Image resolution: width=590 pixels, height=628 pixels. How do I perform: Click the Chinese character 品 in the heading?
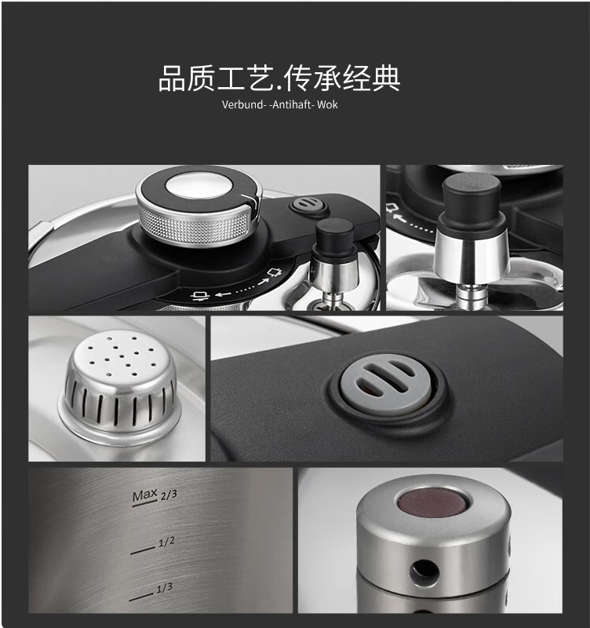tap(172, 78)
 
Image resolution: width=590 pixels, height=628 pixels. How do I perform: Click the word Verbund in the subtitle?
tap(242, 105)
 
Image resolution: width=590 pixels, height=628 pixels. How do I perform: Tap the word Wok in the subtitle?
tap(327, 105)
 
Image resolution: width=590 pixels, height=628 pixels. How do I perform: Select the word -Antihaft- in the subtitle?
tap(291, 105)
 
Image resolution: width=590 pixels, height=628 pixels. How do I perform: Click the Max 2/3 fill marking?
tap(155, 497)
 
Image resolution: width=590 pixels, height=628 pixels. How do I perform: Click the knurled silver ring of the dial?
tap(196, 225)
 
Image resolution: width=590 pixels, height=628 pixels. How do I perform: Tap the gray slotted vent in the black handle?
tap(386, 384)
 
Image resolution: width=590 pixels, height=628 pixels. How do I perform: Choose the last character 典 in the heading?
tap(386, 78)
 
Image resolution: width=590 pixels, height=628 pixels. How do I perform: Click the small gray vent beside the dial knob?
tap(308, 205)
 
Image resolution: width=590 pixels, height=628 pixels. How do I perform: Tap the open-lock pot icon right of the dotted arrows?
tap(276, 272)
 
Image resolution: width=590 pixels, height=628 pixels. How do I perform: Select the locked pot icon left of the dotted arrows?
tap(200, 296)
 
